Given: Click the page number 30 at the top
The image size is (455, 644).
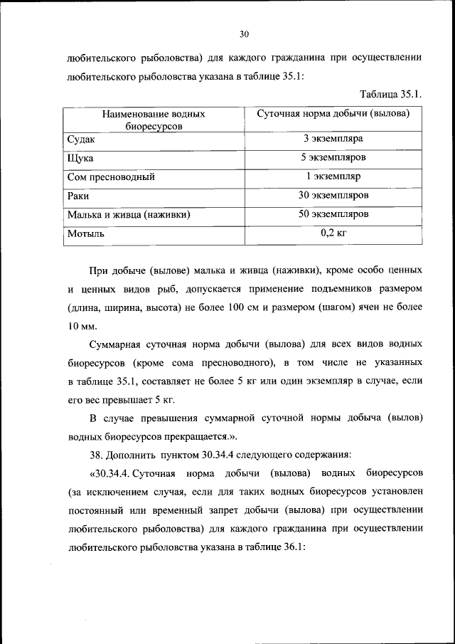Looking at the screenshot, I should [x=244, y=33].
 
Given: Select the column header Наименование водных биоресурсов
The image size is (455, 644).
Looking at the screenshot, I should [x=153, y=120].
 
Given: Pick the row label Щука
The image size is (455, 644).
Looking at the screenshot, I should [x=80, y=158].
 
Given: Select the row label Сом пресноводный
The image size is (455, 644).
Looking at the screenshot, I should [x=110, y=176].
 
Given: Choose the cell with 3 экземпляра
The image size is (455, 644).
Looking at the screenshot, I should [x=333, y=139].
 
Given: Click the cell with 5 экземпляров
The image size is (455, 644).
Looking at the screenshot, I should [x=333, y=157].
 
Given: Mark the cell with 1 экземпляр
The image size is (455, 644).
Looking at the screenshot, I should [x=333, y=176].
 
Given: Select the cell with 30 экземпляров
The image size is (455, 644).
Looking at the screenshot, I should [x=333, y=194].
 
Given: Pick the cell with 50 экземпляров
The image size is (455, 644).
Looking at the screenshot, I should [x=333, y=213].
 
